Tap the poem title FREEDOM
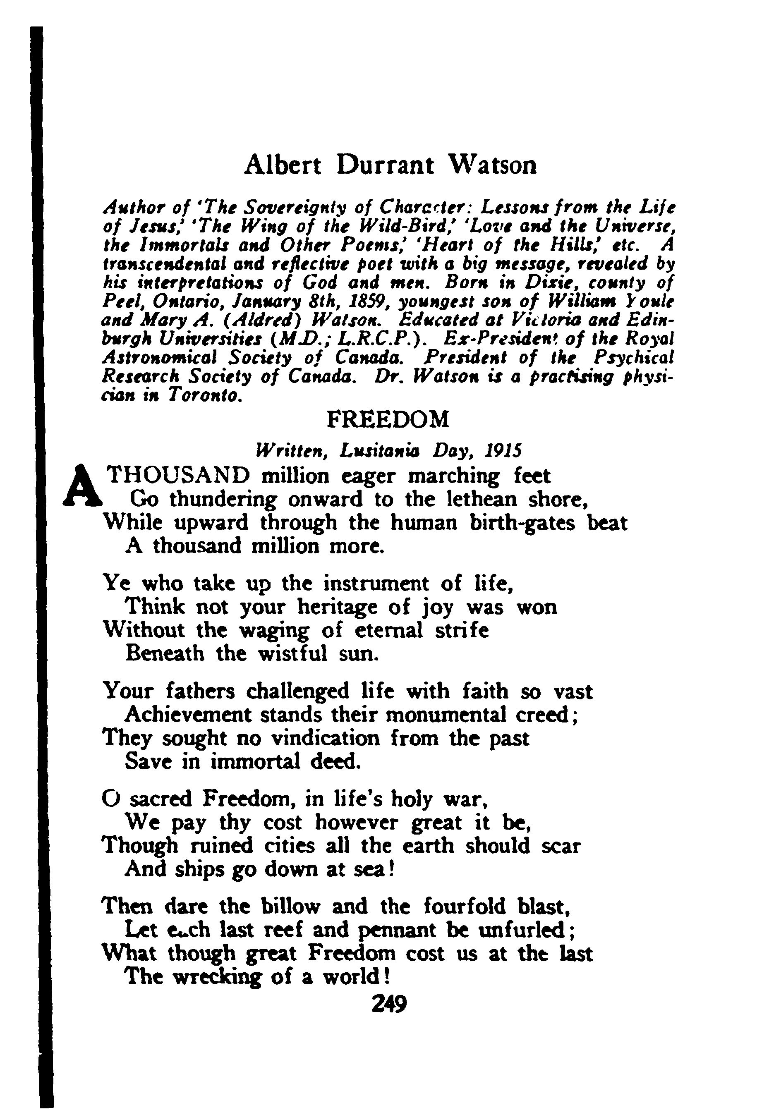pos(388,420)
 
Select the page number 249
pos(389,1005)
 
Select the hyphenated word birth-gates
pos(523,523)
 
